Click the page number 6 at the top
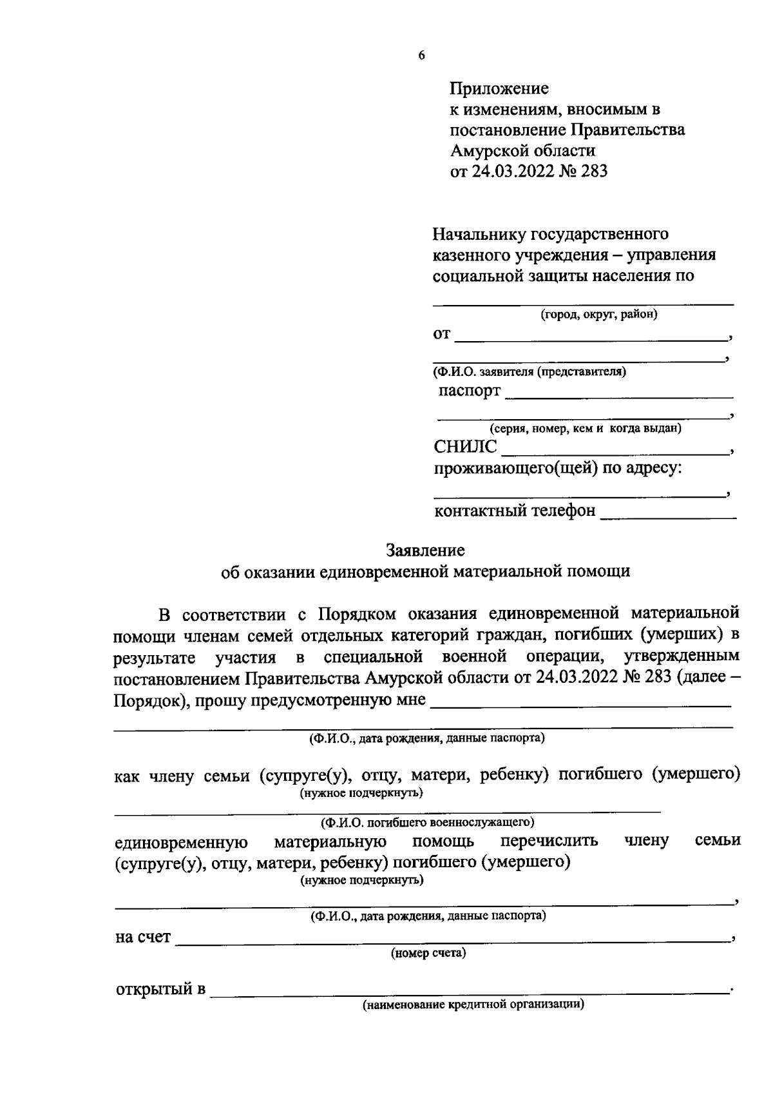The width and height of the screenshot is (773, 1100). coord(421,55)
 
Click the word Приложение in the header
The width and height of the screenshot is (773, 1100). coord(499,88)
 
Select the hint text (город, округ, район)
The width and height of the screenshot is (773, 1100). coord(599,315)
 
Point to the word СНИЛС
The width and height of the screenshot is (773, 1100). coord(466,446)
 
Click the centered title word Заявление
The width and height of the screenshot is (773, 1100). coord(425,550)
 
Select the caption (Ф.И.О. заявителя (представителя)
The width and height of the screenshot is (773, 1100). coord(530,371)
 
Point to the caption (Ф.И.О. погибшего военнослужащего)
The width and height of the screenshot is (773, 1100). coord(428,821)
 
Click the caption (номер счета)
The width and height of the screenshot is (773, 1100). coord(428,953)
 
